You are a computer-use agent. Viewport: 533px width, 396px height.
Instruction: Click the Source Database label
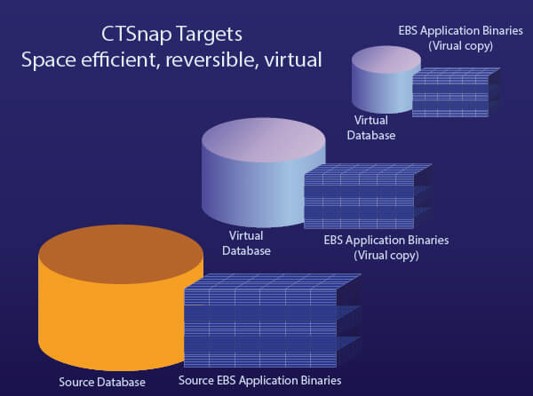point(102,382)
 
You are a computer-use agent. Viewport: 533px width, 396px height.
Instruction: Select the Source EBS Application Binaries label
point(259,381)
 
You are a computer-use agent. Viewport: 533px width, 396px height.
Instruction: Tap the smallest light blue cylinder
point(384,84)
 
